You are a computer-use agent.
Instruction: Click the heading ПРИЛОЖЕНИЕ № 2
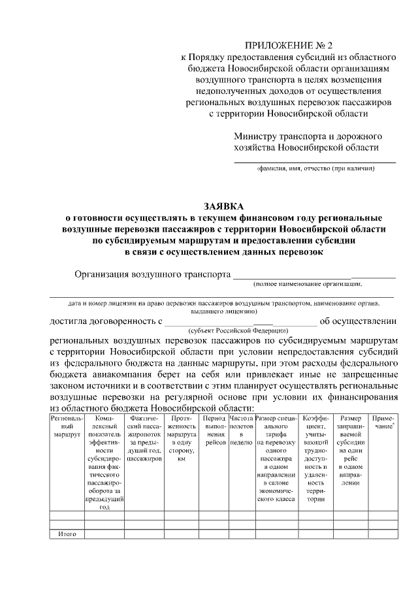(x=288, y=46)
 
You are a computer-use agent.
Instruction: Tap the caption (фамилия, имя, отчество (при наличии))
(x=314, y=169)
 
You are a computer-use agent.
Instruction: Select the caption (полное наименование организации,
(x=308, y=284)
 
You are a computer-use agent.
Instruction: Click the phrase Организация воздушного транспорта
(x=153, y=274)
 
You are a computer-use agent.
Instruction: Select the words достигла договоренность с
(x=106, y=321)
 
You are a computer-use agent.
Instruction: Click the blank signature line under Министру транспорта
(x=315, y=161)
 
